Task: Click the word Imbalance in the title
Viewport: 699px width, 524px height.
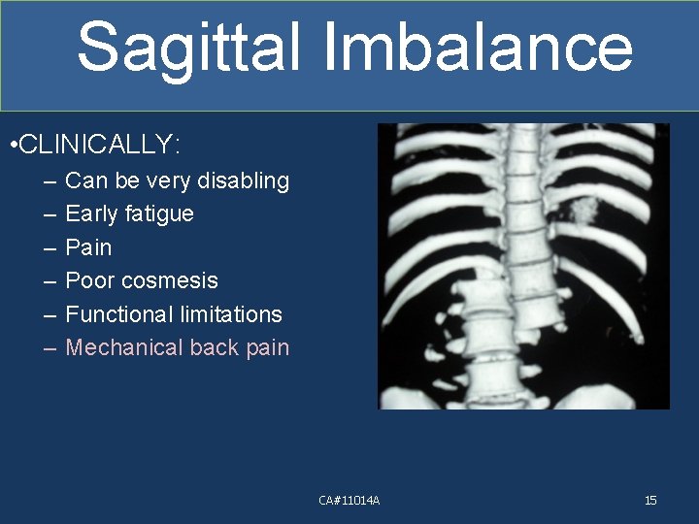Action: coord(474,47)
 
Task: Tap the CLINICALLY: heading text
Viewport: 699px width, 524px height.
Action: coord(99,146)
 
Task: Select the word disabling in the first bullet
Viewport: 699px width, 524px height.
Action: coord(243,180)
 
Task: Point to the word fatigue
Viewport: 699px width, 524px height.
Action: coord(159,213)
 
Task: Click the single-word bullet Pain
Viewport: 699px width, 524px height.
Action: coord(88,247)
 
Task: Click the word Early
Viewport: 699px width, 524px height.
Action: coord(89,213)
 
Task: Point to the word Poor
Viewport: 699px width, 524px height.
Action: coord(88,280)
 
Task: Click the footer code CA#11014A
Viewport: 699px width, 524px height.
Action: coord(349,500)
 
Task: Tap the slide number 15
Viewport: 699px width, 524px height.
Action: coord(650,500)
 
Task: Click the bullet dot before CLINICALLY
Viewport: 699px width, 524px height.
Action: coord(10,147)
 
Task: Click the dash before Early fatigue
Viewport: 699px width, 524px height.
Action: coord(50,214)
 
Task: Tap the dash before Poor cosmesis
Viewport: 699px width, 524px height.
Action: coord(50,281)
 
